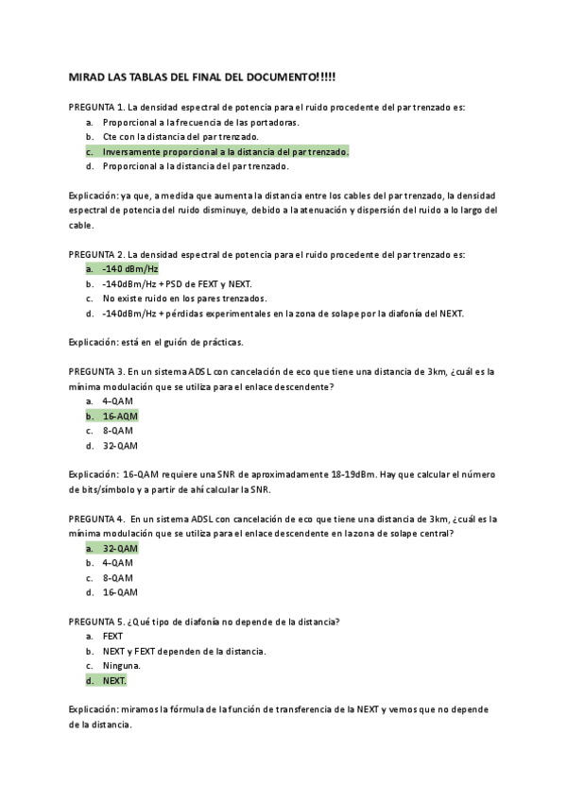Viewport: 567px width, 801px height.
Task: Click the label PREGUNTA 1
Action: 96,108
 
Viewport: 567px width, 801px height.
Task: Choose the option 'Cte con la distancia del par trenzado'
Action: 180,137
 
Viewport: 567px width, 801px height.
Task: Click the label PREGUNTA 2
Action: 96,254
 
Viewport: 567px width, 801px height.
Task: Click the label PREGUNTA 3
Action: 96,371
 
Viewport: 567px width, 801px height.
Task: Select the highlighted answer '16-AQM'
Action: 120,416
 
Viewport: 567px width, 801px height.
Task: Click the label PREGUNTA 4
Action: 96,519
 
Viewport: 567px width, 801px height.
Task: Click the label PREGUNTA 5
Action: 96,622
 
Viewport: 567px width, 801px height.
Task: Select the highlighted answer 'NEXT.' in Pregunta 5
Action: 114,680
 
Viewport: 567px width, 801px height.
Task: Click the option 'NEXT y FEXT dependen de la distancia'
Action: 183,651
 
